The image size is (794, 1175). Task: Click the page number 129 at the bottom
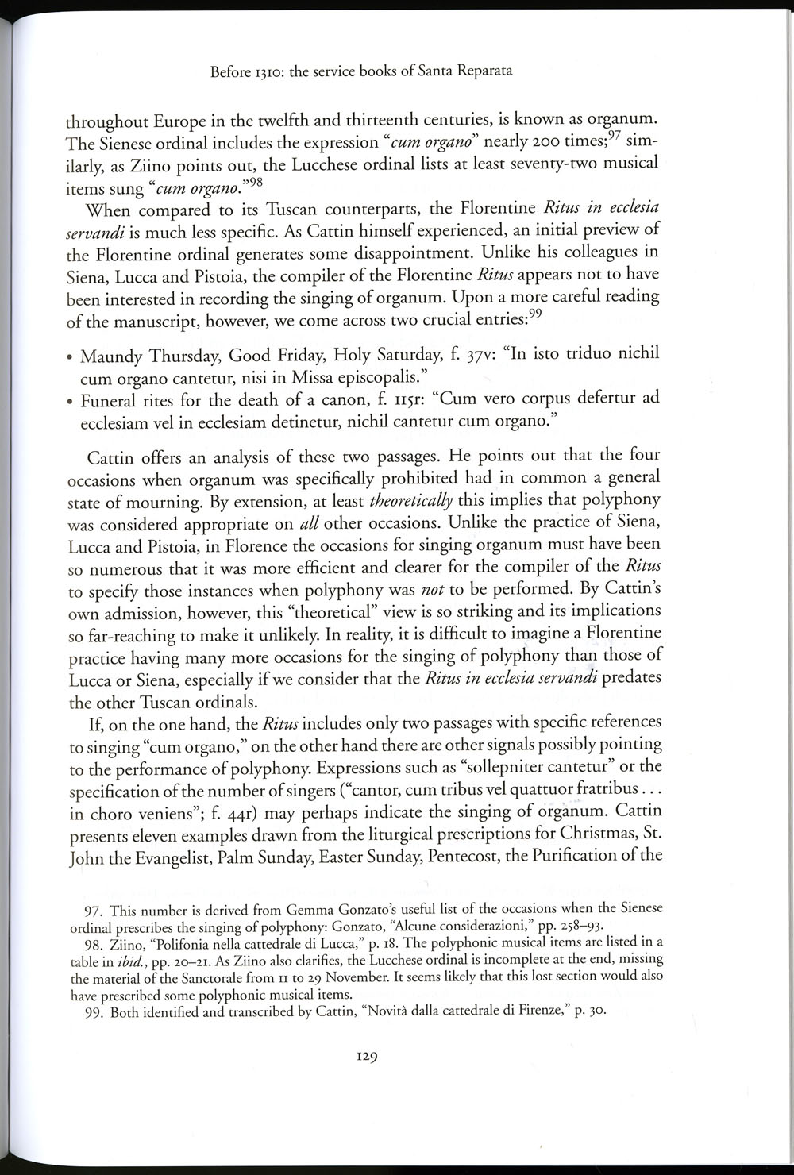click(365, 1057)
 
